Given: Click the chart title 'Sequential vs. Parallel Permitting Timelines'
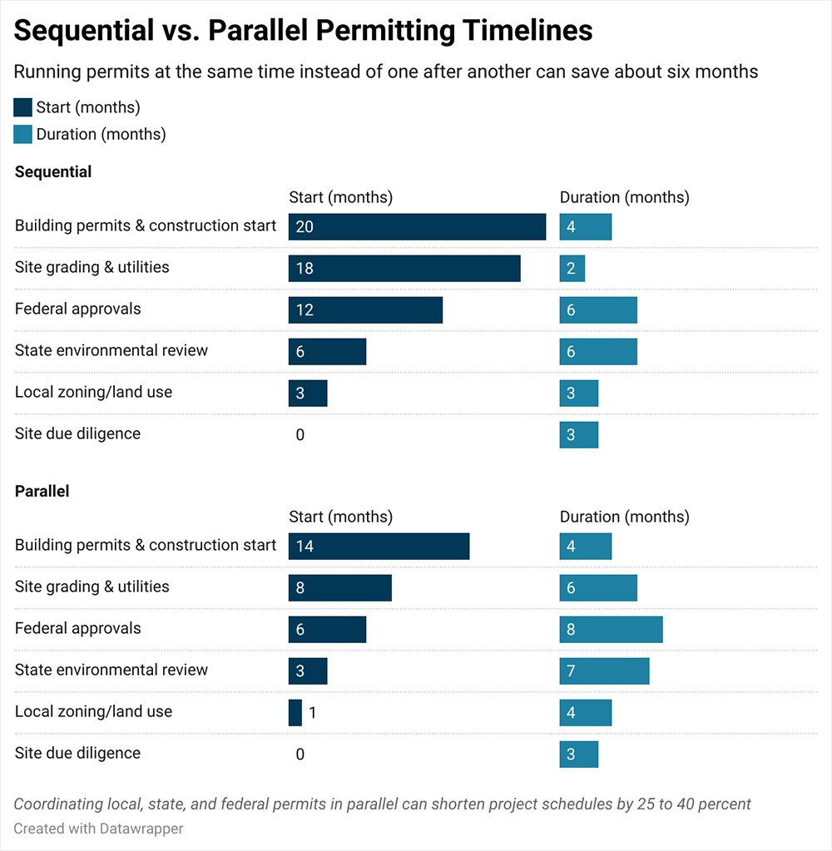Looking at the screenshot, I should click(303, 31).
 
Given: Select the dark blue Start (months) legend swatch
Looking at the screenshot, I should click(23, 107).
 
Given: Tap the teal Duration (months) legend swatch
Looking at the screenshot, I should click(23, 134).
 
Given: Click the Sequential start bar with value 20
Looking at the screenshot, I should click(417, 226).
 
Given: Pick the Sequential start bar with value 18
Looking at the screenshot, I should click(404, 268).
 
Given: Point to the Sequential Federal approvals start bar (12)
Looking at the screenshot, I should click(365, 309).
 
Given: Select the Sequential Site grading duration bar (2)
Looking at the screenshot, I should click(572, 268).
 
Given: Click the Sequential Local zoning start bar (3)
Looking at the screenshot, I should click(308, 393).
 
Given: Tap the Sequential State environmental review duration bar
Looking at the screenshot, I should click(598, 351).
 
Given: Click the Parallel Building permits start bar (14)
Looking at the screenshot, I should click(379, 546).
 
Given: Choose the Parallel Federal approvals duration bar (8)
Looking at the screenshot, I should click(611, 629).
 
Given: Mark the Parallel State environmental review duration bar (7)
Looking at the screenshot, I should click(604, 670).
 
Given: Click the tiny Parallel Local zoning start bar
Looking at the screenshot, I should click(295, 712).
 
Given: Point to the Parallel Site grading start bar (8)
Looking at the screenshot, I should click(339, 587).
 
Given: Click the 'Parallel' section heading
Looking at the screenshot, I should click(42, 491).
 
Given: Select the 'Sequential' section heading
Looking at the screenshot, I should click(53, 172).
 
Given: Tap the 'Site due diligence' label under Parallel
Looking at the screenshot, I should click(77, 753).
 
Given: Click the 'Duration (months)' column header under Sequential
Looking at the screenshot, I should click(624, 197).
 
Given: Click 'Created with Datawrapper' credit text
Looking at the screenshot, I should click(98, 829).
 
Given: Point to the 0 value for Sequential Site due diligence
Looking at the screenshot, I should click(300, 434).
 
